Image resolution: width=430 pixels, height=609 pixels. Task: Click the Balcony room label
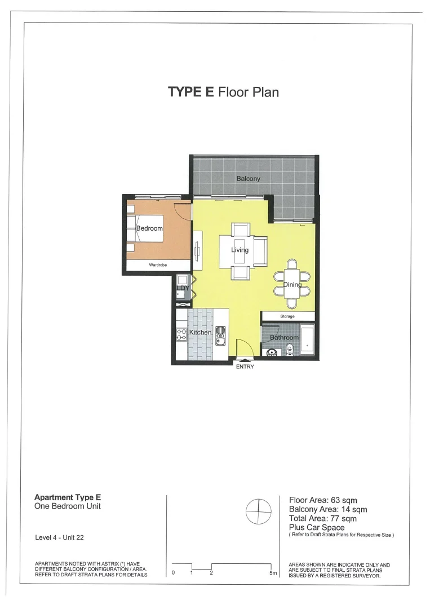click(248, 179)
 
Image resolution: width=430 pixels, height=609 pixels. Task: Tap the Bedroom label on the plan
click(149, 228)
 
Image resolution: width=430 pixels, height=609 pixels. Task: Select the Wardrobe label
click(158, 265)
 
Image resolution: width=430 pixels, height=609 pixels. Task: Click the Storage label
click(287, 316)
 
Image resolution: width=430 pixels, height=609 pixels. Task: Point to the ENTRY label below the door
click(245, 367)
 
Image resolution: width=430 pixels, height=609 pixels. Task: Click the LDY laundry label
click(182, 288)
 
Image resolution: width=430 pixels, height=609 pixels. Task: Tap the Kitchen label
click(200, 333)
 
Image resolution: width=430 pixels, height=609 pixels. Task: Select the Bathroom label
click(284, 338)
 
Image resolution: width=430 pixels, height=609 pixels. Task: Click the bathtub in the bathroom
click(308, 340)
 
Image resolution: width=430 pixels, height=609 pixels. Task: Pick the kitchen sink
click(220, 336)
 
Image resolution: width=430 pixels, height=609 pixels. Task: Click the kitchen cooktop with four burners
click(182, 334)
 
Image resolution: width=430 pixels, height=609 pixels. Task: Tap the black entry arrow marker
click(245, 360)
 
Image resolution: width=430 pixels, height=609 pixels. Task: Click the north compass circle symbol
click(256, 511)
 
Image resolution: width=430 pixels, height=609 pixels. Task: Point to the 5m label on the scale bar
click(273, 573)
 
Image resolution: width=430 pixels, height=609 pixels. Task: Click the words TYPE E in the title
click(191, 92)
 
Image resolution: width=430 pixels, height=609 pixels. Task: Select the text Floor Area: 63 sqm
click(323, 500)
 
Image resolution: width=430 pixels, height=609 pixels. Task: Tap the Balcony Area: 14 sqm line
click(328, 510)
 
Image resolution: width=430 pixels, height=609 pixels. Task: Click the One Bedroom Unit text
click(68, 506)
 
